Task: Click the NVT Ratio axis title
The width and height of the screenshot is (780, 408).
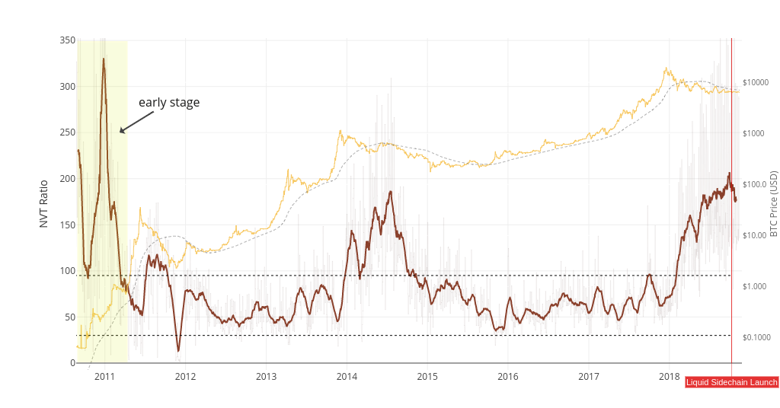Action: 43,203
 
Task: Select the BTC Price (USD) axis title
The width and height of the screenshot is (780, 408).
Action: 773,202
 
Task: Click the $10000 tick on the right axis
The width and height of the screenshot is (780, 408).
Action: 756,82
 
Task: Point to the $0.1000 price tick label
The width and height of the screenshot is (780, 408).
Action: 756,337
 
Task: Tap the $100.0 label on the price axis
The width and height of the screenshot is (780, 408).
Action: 756,184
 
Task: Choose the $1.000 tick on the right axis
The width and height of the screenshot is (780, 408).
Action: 755,286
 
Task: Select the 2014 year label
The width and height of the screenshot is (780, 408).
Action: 347,376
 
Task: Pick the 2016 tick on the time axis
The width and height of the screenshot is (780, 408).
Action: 508,376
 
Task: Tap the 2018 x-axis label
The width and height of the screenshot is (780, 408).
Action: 670,376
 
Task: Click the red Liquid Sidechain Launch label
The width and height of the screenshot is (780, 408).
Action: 732,382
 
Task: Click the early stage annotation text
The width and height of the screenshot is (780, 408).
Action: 169,103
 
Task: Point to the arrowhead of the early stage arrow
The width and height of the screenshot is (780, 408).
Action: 121,132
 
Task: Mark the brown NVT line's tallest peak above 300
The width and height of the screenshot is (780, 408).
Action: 104,59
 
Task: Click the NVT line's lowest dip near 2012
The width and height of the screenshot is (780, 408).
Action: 179,351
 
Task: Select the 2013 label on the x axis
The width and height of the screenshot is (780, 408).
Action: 266,376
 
